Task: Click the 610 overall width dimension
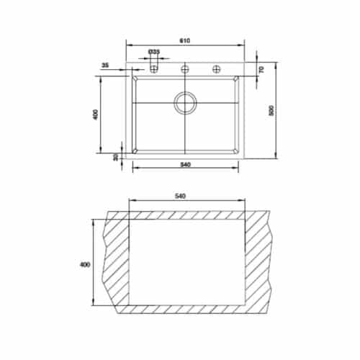click(x=185, y=40)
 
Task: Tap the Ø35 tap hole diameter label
click(x=154, y=53)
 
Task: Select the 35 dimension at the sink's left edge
click(x=106, y=66)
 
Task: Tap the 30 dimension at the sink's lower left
click(x=115, y=156)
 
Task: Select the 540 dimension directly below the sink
click(x=185, y=165)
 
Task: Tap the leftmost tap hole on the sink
click(x=154, y=68)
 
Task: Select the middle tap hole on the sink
click(x=185, y=68)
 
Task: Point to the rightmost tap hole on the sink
click(x=216, y=68)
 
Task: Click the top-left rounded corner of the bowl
click(x=135, y=80)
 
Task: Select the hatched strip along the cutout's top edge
click(x=187, y=215)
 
